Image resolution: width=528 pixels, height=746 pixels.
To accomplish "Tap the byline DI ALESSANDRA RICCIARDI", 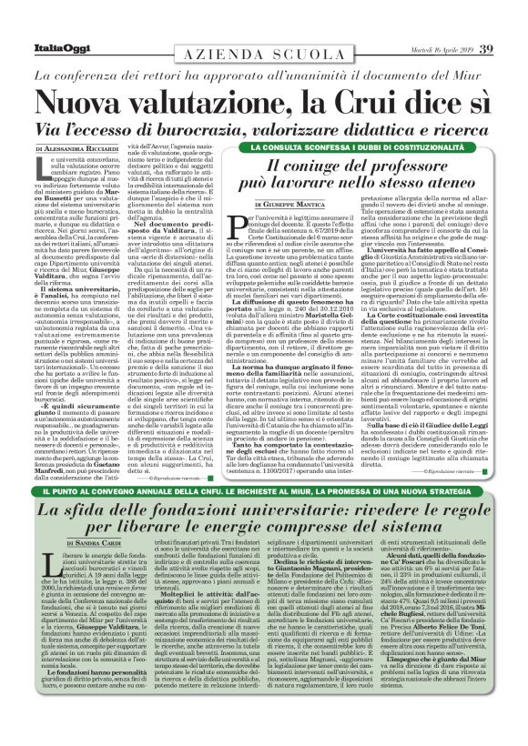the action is (x=77, y=147).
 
